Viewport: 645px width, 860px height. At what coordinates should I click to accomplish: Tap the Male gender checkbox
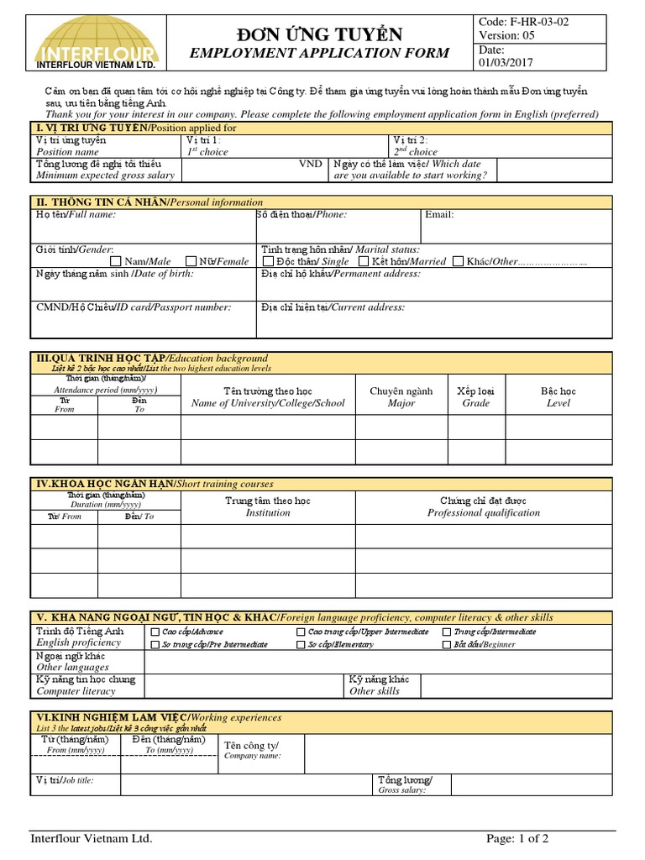click(x=117, y=261)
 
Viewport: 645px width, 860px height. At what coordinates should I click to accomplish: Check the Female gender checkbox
click(x=191, y=261)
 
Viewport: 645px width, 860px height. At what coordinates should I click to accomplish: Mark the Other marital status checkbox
click(x=458, y=262)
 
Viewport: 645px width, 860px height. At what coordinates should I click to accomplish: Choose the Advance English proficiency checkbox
click(x=155, y=632)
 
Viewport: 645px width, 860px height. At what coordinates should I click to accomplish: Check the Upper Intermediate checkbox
click(x=301, y=632)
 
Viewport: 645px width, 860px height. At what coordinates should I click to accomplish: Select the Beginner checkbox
click(x=447, y=645)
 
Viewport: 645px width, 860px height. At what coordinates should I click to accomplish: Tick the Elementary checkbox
click(x=301, y=645)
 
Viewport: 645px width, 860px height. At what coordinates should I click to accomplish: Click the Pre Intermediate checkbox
click(x=155, y=645)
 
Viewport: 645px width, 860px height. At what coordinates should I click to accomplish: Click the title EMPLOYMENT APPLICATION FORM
click(x=319, y=54)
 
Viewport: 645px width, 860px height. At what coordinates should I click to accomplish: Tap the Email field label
click(x=439, y=215)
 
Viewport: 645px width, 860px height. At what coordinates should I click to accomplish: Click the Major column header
click(x=401, y=397)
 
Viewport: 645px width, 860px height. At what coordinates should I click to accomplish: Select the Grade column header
click(x=476, y=397)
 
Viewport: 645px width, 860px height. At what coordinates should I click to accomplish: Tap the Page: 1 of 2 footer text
click(x=517, y=838)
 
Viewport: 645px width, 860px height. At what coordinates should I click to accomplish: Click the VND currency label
click(x=311, y=164)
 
